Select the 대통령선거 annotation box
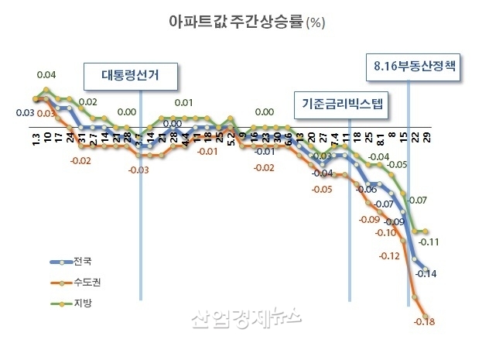pos(131,76)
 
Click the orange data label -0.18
pos(426,322)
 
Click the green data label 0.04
pos(46,75)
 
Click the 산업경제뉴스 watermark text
pos(245,318)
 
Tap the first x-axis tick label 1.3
pos(36,139)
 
